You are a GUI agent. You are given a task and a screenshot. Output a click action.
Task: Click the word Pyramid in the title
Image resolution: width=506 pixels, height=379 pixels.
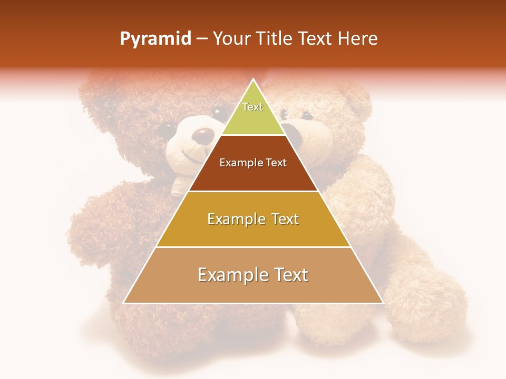[x=155, y=39]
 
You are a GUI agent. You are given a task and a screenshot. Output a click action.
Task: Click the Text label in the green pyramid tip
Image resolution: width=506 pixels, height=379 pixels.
[x=252, y=107]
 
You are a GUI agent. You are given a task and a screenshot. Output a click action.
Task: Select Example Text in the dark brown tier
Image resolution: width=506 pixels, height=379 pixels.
[x=253, y=163]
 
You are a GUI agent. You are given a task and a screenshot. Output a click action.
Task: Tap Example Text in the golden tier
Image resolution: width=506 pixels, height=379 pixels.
[x=253, y=219]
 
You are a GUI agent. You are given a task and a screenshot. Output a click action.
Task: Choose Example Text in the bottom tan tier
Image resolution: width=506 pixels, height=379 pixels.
[x=253, y=275]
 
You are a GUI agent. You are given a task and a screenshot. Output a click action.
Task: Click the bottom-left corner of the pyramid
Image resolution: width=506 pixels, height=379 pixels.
[x=124, y=303]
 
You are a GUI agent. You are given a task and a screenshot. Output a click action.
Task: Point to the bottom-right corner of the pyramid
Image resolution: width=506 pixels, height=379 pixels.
[x=383, y=303]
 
